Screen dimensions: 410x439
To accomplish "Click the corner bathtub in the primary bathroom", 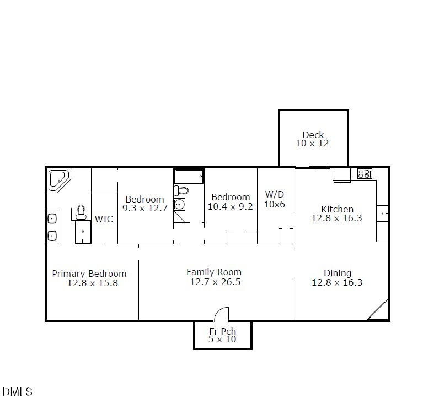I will [58, 179].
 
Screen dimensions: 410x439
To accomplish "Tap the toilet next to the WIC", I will [82, 211].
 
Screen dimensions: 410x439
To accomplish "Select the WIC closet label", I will [104, 219].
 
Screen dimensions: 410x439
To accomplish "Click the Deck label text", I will [313, 135].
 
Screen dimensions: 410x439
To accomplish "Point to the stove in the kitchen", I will [365, 174].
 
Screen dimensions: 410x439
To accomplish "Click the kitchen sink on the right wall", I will [383, 213].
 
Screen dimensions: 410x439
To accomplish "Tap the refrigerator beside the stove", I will [341, 174].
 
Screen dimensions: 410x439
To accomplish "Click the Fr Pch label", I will [222, 331].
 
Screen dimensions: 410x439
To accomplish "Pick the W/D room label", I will [275, 195].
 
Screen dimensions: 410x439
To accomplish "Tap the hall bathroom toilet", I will [181, 191].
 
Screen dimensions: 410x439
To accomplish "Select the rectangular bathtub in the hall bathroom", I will [189, 176].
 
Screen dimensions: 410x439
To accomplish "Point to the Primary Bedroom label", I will [89, 274].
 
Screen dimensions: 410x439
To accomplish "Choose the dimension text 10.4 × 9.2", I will [231, 207].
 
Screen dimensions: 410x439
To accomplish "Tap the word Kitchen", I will [337, 209].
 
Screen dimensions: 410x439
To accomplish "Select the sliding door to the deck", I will [312, 167].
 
